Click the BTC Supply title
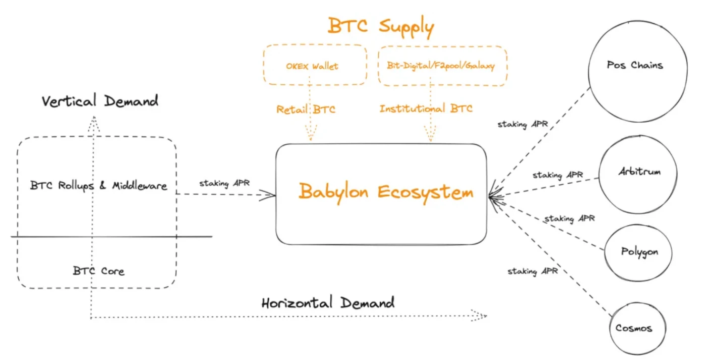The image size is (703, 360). tap(381, 26)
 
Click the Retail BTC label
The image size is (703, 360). tap(305, 109)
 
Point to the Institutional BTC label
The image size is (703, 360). tap(426, 109)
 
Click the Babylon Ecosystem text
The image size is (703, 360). tap(386, 192)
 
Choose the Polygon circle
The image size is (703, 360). tap(639, 252)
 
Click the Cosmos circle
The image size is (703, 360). tap(634, 328)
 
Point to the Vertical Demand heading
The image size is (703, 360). tap(100, 101)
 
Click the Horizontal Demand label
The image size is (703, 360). tap(328, 303)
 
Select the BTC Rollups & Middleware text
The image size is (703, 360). tap(98, 186)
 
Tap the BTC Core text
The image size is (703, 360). tap(98, 271)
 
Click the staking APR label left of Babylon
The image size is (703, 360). tap(224, 183)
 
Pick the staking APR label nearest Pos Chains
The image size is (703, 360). tap(522, 124)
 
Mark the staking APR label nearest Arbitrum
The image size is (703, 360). tap(558, 175)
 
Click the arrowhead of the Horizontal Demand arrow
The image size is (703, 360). tap(482, 316)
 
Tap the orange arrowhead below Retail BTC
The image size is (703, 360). tap(311, 137)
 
